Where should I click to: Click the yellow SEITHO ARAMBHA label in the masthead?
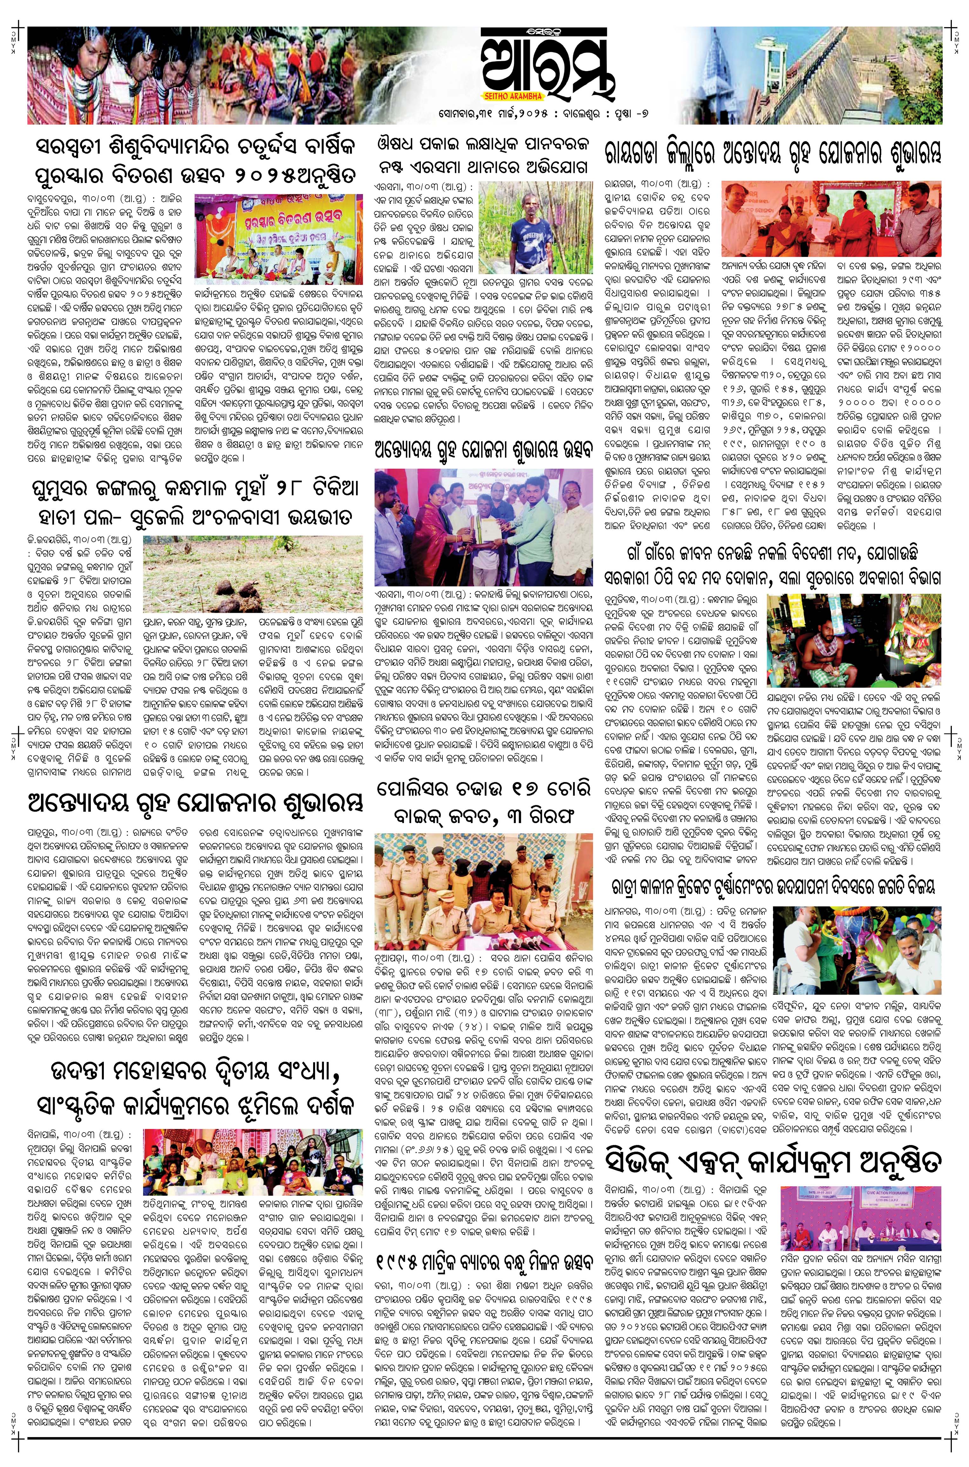click(510, 96)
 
